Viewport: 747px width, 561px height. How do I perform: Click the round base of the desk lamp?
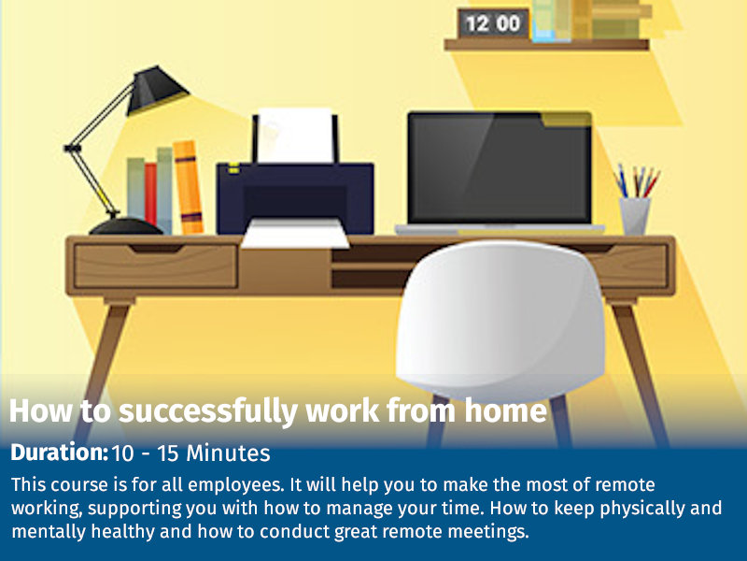point(125,226)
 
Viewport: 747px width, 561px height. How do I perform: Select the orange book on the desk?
point(188,187)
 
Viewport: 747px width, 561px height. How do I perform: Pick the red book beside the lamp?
point(150,194)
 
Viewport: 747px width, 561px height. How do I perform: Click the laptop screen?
point(499,168)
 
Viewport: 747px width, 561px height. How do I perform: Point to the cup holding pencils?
point(635,215)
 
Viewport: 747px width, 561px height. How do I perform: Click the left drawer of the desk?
point(155,266)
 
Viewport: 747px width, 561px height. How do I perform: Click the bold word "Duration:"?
point(59,453)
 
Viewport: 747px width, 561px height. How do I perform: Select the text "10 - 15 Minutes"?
point(191,454)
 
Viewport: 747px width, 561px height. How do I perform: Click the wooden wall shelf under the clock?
point(546,44)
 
